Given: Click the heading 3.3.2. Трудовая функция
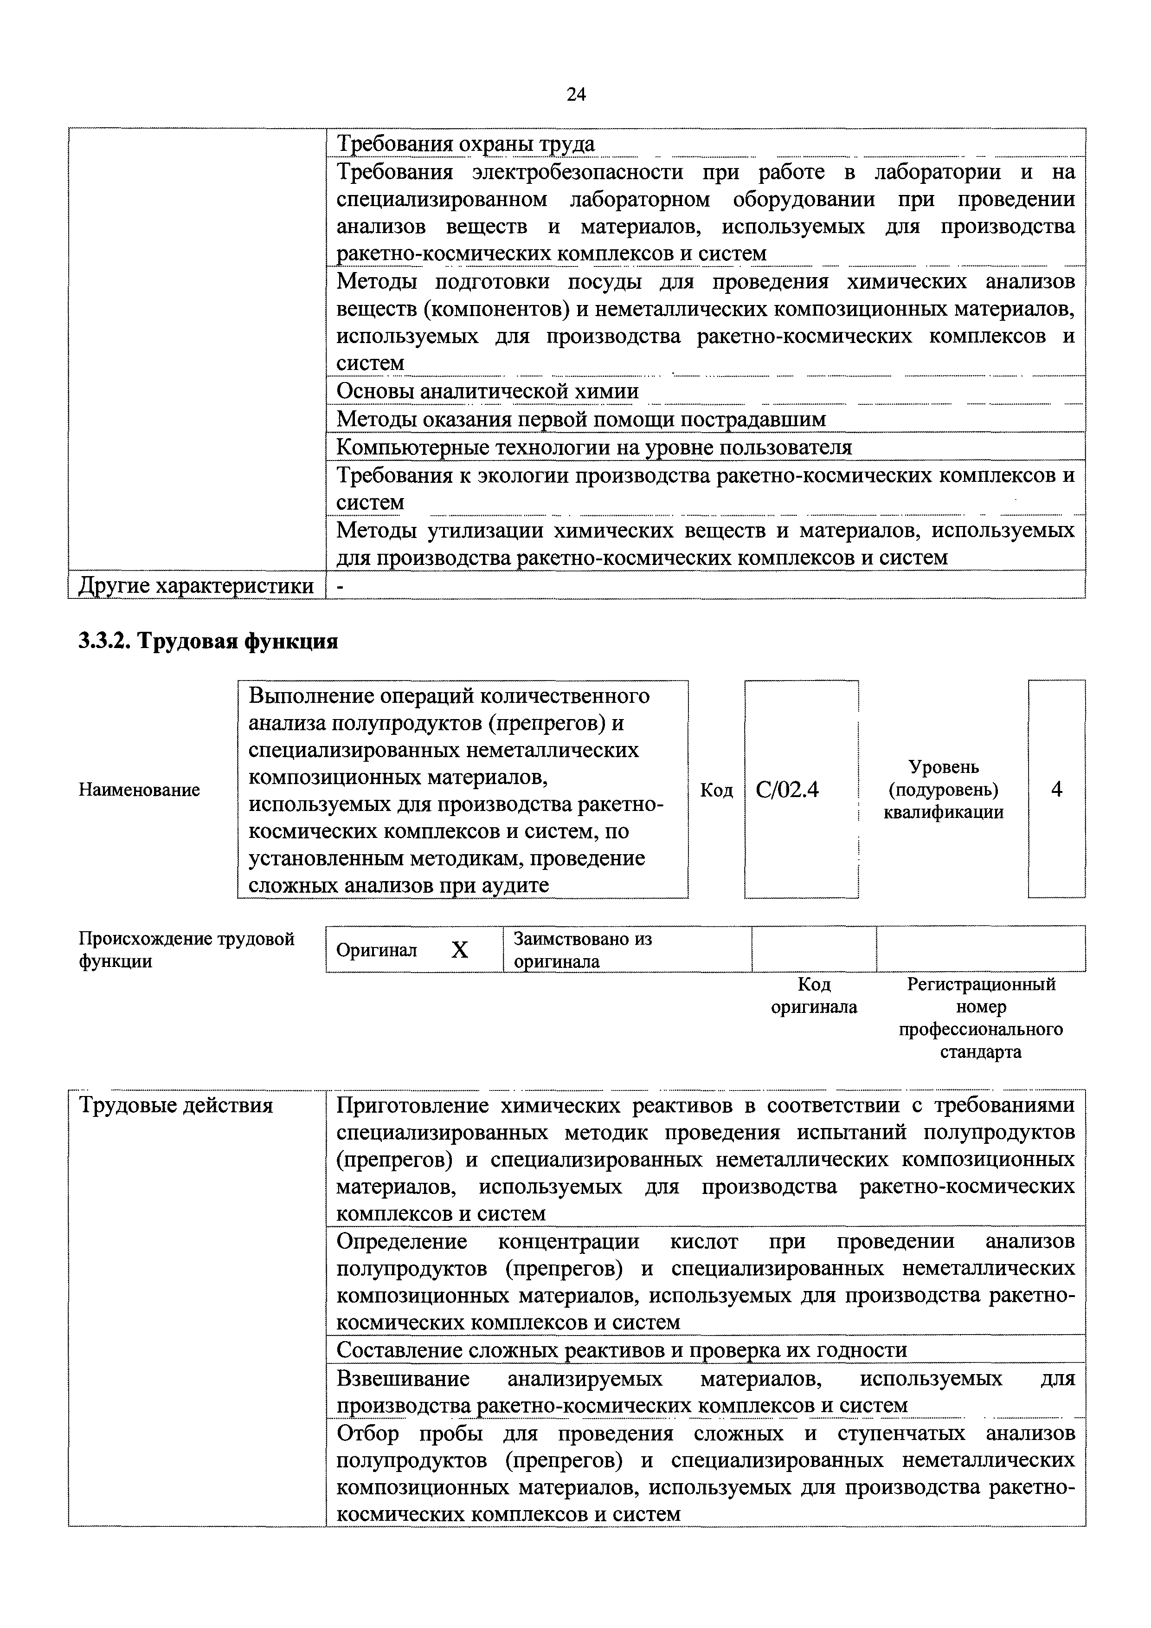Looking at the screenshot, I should pos(208,642).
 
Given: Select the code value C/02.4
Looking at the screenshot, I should pos(787,789).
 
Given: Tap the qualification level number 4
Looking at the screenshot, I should pos(1056,789).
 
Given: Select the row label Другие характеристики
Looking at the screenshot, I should pos(196,586).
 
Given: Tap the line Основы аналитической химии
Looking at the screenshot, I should pos(487,391).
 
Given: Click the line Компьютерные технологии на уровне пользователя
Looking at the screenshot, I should pos(593,448).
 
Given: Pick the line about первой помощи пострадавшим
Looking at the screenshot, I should pos(580,420).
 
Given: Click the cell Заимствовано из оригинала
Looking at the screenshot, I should pos(583,949).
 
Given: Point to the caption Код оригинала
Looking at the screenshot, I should pos(814,996).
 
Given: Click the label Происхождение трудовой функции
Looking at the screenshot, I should pos(186,949).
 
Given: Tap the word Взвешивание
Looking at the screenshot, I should pos(403,1378).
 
